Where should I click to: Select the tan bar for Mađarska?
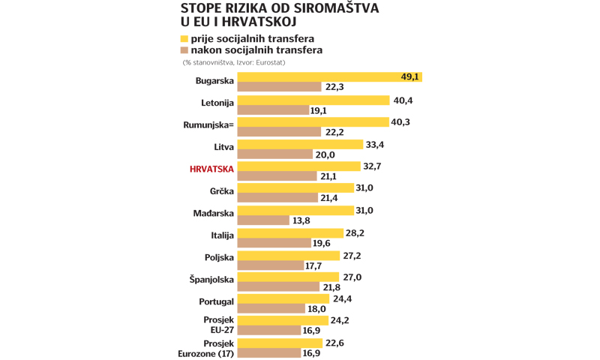coord(263,220)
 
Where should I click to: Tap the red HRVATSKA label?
coord(212,169)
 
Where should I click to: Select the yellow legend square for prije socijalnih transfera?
coord(184,38)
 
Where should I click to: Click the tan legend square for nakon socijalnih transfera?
coord(184,50)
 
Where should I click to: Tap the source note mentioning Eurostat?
coord(233,62)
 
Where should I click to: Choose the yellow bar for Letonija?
coord(313,100)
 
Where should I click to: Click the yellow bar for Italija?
coord(290,232)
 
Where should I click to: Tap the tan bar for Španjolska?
coord(278,287)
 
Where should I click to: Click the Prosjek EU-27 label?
coord(217,325)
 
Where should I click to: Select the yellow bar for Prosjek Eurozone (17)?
coord(280,342)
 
